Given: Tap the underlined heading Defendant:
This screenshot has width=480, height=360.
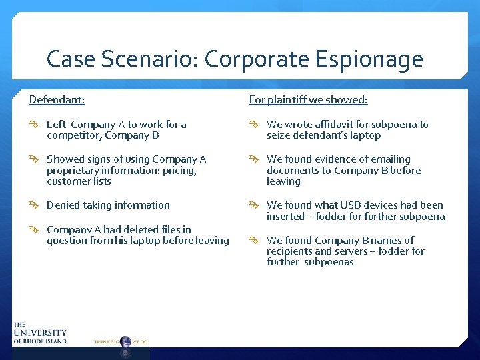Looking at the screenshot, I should click(x=57, y=100).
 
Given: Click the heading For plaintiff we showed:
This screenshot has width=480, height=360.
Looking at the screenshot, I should click(x=308, y=100).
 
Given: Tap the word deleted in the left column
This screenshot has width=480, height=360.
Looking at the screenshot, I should click(x=141, y=230).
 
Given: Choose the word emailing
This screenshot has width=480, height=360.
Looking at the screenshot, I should click(x=385, y=159).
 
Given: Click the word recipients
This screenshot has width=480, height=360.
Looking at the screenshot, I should click(x=291, y=251).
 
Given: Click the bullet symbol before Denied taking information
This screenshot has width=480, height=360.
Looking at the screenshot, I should click(x=34, y=205).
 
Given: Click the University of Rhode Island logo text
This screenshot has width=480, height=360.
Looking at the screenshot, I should click(x=39, y=333).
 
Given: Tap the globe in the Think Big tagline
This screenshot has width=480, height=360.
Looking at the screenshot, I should click(x=125, y=341).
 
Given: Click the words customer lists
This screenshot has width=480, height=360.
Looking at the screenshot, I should click(x=79, y=181).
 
